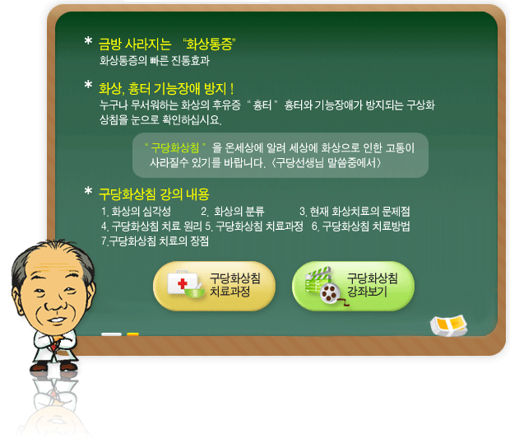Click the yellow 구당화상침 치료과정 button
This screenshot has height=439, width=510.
point(214,286)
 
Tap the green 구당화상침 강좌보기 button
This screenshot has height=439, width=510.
point(353,286)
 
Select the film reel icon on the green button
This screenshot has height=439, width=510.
point(329,292)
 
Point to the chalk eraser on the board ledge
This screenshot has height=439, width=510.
point(448,325)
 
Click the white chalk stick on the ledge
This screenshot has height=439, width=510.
point(111,334)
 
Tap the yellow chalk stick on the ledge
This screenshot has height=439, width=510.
point(132,334)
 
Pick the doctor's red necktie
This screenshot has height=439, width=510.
point(54,343)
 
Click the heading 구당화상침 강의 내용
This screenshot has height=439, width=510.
point(154,194)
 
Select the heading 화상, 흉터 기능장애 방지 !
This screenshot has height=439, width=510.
point(166,89)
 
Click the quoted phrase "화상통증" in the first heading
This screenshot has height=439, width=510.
point(209,44)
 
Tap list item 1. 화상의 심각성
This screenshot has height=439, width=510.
point(136,212)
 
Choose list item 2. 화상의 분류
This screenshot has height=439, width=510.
point(233,212)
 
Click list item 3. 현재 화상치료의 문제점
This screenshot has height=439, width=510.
point(355,212)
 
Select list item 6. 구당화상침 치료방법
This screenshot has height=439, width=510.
point(361,226)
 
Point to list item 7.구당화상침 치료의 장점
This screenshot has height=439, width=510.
point(155,241)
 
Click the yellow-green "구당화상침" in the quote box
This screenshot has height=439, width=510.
point(175,148)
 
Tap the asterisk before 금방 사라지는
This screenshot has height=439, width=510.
point(88,41)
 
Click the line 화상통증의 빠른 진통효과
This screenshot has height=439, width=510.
point(155,61)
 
